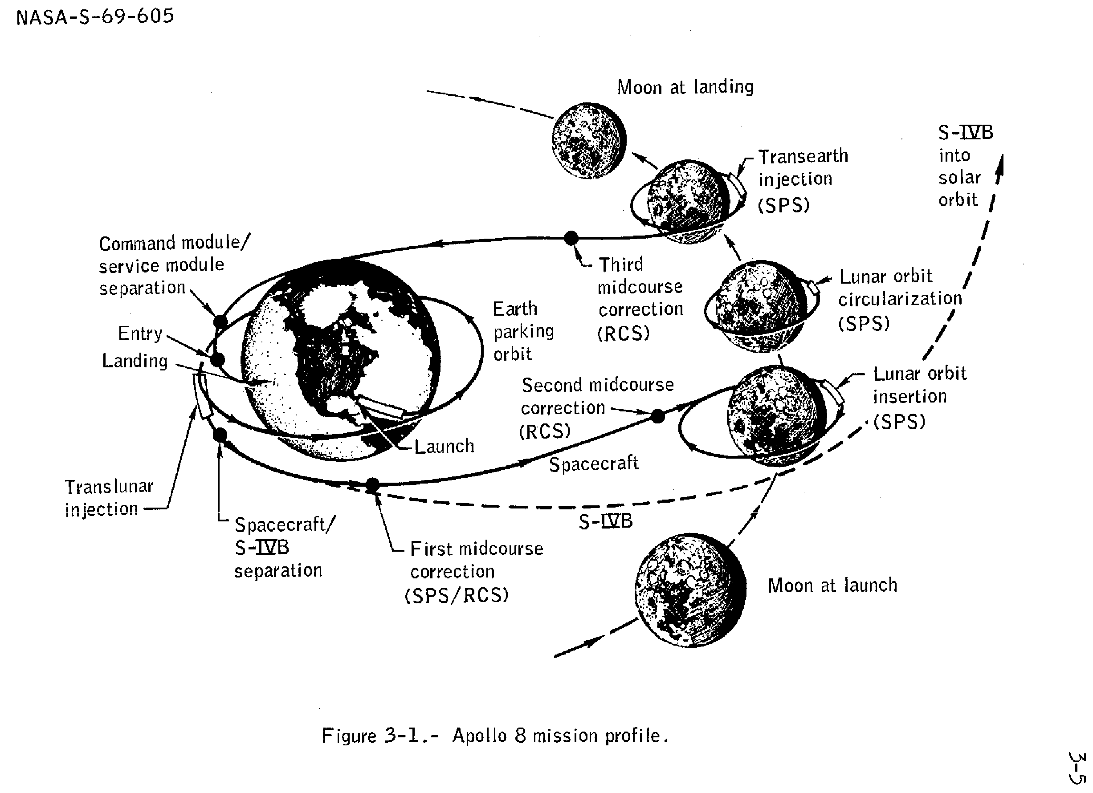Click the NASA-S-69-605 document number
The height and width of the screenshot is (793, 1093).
[95, 17]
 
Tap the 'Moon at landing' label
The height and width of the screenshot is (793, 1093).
[685, 87]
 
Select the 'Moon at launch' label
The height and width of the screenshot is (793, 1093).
[832, 586]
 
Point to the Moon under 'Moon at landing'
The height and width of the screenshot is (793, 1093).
[589, 140]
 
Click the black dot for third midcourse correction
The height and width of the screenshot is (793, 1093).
[571, 237]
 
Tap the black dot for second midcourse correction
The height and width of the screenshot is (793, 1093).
[658, 416]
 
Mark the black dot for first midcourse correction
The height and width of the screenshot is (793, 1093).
[372, 485]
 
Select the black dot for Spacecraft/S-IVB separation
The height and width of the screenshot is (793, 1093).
[220, 435]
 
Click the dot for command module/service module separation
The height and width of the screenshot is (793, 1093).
[220, 321]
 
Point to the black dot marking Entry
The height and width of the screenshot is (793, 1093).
[218, 359]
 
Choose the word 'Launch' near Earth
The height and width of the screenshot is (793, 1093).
[444, 447]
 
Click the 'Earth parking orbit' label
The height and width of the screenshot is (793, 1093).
[523, 331]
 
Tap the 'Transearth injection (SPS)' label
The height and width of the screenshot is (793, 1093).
[803, 180]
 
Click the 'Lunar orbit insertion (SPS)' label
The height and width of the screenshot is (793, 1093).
[919, 398]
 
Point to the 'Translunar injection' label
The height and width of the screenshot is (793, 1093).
[109, 498]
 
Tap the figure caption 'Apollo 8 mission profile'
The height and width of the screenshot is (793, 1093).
[495, 736]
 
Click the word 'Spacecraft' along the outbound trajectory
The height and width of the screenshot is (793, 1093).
[594, 464]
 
